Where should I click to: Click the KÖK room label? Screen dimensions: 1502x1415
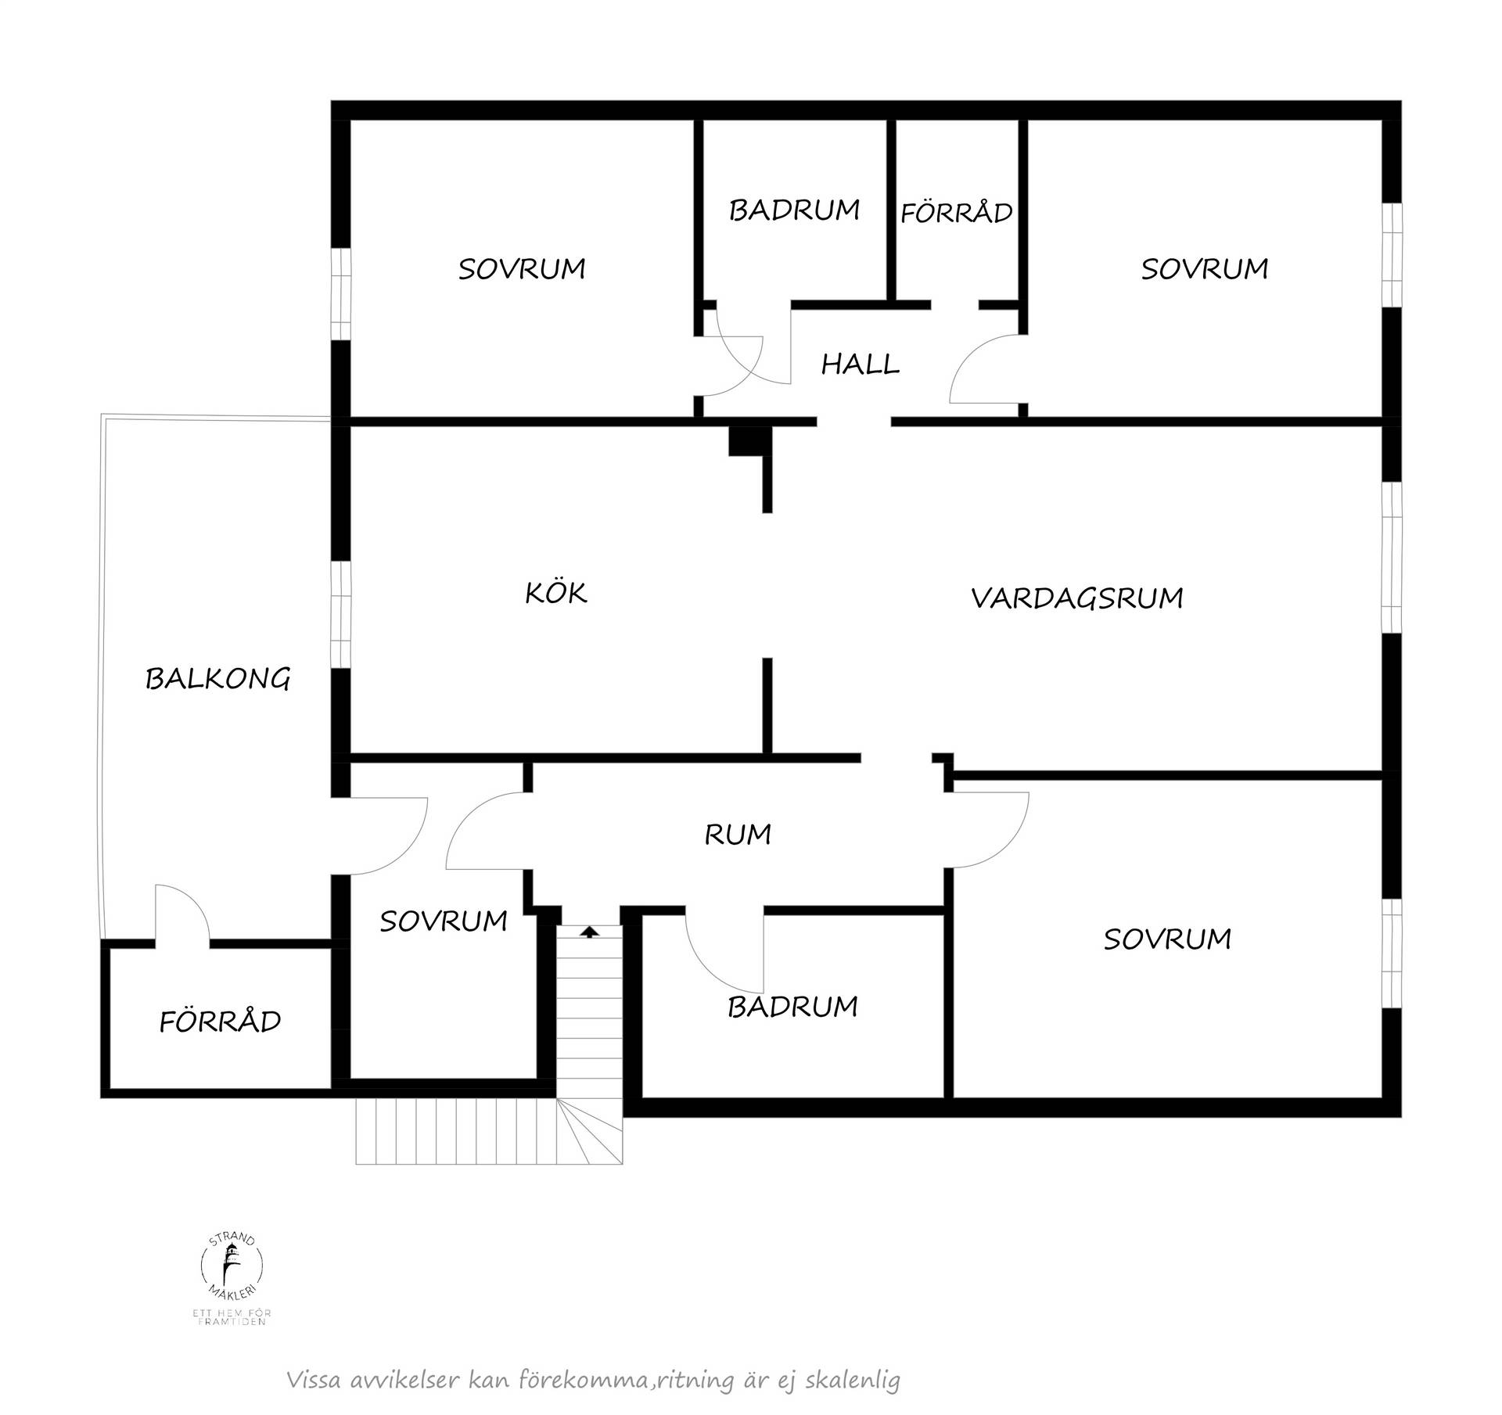coord(555,592)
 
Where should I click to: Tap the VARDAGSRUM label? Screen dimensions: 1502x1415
coord(1076,598)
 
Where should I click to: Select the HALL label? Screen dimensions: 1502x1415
coord(860,364)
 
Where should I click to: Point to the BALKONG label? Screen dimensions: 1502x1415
coord(217,678)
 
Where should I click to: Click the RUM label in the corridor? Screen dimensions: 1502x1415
coord(738,835)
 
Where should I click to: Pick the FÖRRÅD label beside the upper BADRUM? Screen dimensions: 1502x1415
coord(956,212)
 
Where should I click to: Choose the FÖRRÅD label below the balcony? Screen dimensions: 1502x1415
coord(220,1021)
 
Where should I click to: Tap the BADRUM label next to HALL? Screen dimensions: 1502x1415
coord(794,210)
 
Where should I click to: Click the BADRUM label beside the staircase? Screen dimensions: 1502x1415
coord(792,1006)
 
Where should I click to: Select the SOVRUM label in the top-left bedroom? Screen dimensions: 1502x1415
coord(522,269)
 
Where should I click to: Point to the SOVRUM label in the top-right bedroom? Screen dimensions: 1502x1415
coord(1204,269)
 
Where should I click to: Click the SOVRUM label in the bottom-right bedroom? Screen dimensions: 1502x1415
coord(1167,939)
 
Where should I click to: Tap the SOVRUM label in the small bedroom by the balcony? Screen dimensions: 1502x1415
coord(444,921)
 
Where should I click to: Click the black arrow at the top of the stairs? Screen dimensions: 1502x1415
coord(590,931)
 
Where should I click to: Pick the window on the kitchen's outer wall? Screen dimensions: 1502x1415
coord(340,614)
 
